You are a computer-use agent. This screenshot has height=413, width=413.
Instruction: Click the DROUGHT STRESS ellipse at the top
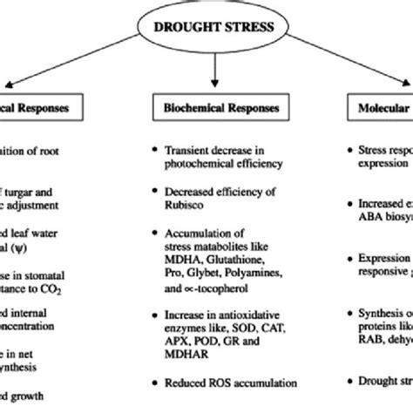[206, 28]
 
